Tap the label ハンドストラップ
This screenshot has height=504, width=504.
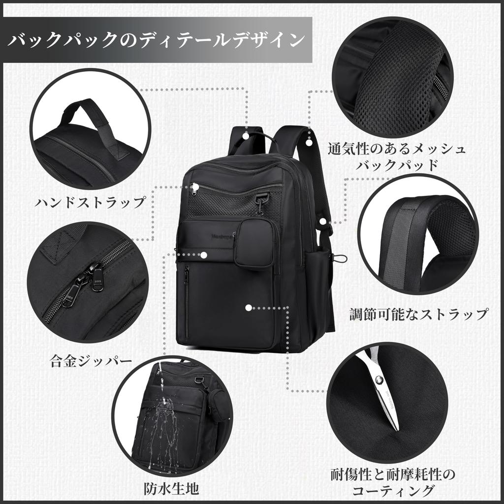click(91, 202)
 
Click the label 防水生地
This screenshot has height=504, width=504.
click(172, 488)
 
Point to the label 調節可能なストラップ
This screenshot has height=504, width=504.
click(419, 314)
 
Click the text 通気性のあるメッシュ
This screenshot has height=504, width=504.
click(397, 148)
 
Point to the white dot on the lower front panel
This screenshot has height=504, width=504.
click(249, 308)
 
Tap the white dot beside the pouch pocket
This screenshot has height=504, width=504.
click(204, 255)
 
